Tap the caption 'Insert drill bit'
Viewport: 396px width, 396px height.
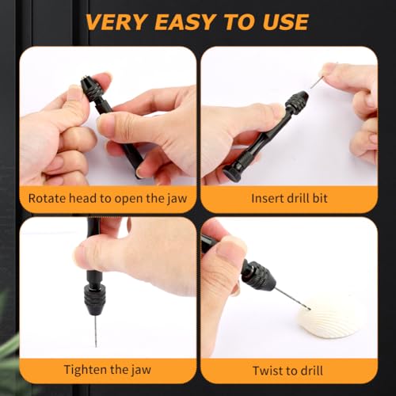pyautogui.click(x=288, y=199)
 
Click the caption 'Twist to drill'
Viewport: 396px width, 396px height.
pyautogui.click(x=288, y=369)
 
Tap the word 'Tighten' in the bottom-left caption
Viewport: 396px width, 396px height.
pyautogui.click(x=86, y=369)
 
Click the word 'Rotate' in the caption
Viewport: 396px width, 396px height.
pyautogui.click(x=48, y=199)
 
